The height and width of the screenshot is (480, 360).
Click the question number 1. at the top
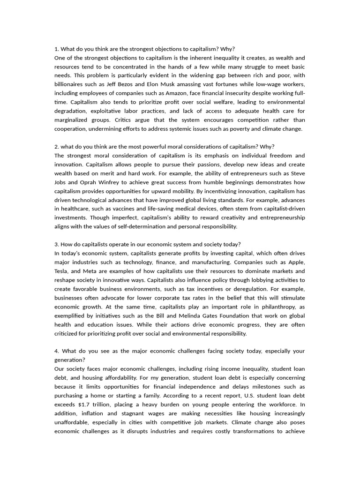pos(57,49)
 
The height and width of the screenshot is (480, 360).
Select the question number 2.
pos(57,147)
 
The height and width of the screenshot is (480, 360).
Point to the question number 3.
pos(57,244)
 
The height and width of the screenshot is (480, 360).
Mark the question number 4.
pos(57,351)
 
